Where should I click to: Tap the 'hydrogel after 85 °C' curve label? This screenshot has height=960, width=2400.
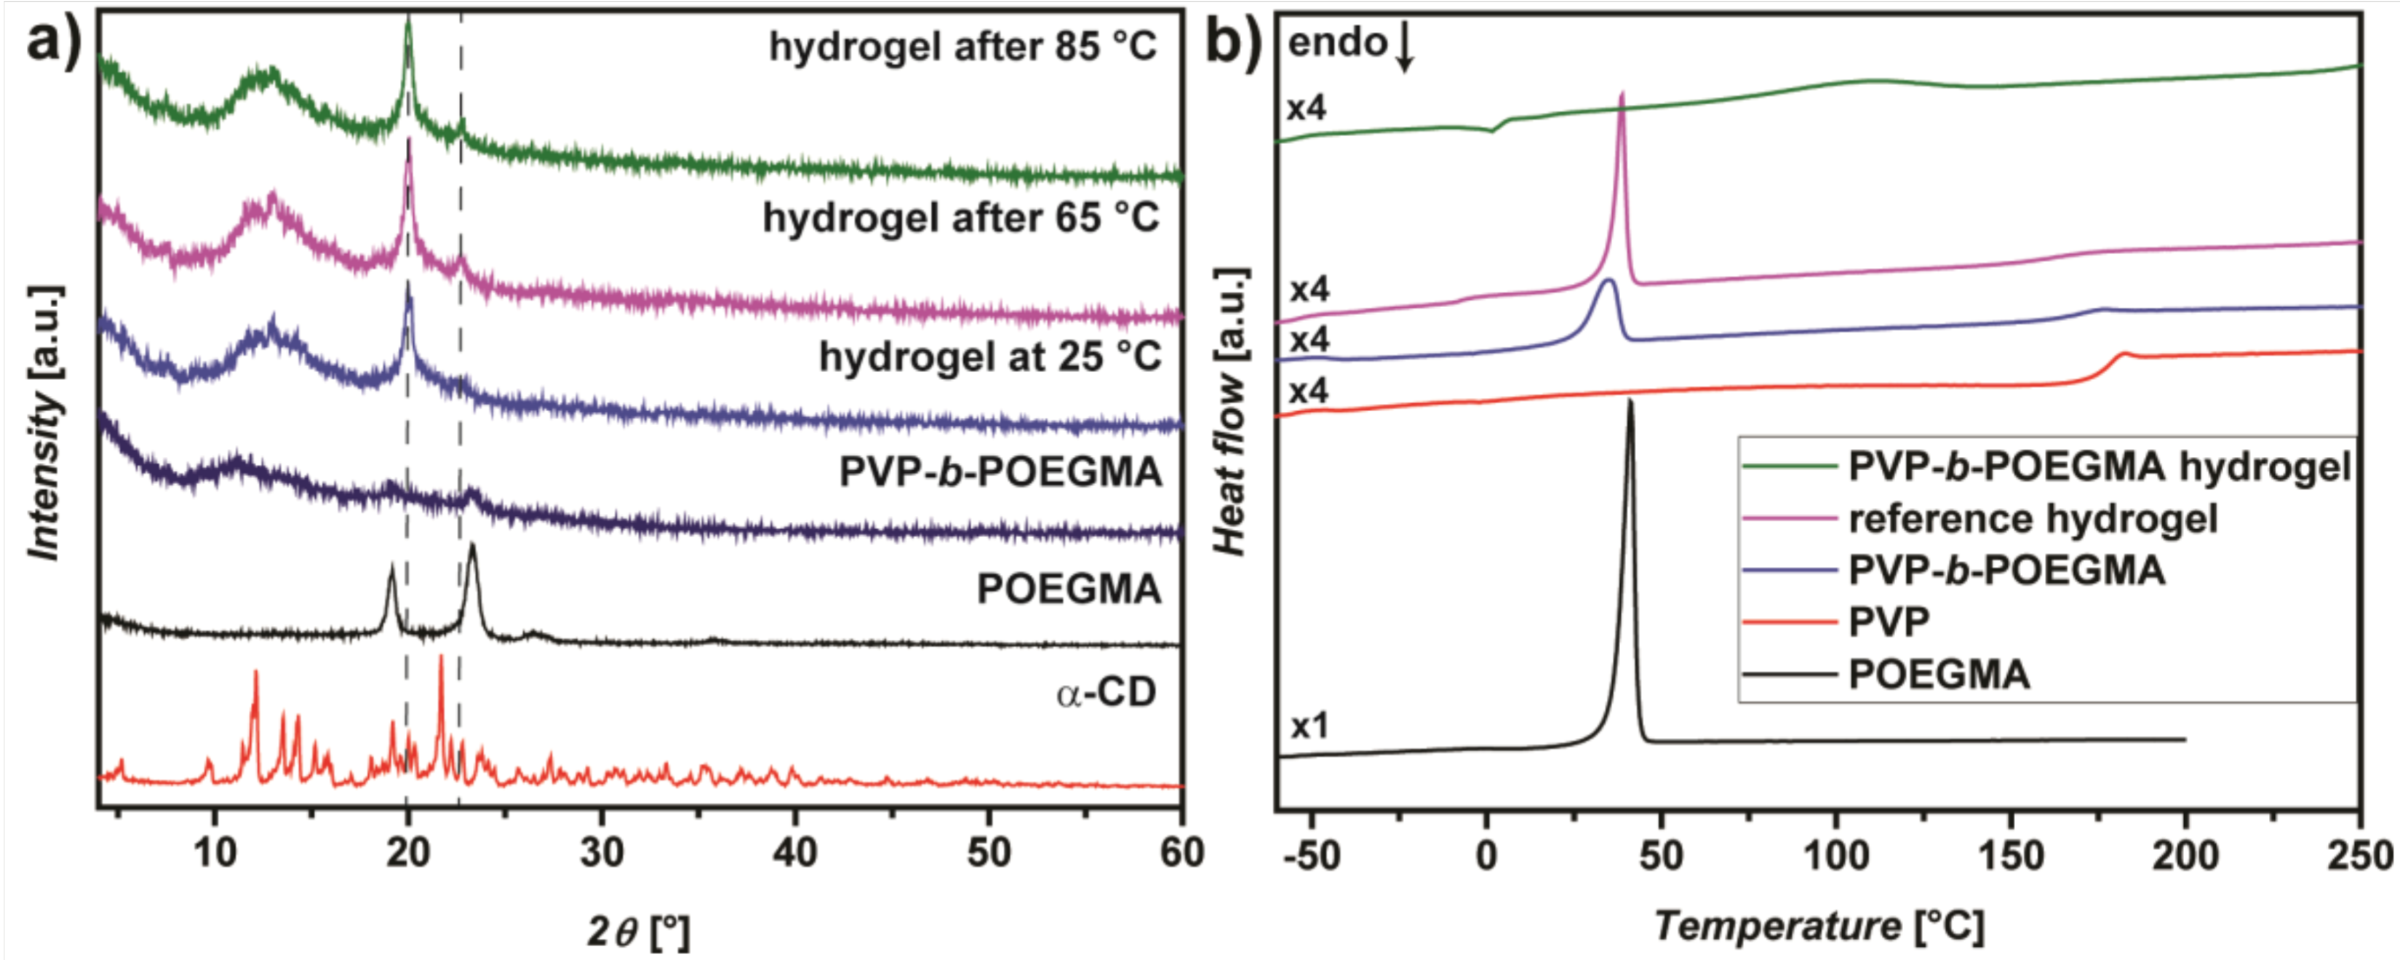[x=962, y=47]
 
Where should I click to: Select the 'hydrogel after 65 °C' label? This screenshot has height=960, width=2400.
[x=960, y=218]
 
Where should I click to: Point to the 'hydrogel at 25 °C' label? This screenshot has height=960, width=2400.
[x=990, y=357]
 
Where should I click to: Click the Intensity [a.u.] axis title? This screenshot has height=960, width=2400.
[x=44, y=424]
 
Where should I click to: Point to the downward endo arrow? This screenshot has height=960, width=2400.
[x=1405, y=51]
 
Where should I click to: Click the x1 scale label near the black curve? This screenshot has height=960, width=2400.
[x=1309, y=726]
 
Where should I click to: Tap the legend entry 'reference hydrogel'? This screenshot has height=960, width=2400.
[x=2032, y=519]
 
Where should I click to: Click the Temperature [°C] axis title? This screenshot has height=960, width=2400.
[x=1819, y=927]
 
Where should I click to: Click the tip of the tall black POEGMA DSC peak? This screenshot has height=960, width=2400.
[x=1630, y=402]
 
